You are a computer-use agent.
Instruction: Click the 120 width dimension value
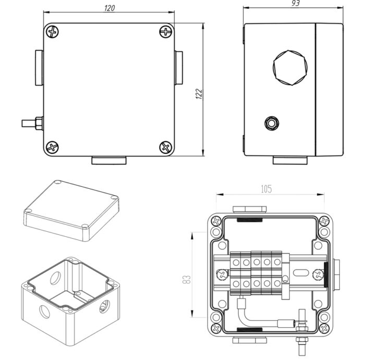pos(110,8)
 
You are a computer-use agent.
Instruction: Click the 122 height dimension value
pos(199,94)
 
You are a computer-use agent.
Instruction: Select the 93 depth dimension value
pos(296,3)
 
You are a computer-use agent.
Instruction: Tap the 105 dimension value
pos(266,189)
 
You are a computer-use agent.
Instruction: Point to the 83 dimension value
pos(187,279)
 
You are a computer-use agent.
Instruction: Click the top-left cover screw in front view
pos(52,32)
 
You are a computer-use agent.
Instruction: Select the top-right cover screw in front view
pos(166,32)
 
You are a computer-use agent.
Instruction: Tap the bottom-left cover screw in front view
pos(52,147)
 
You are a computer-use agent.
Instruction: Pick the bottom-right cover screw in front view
pos(166,147)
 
